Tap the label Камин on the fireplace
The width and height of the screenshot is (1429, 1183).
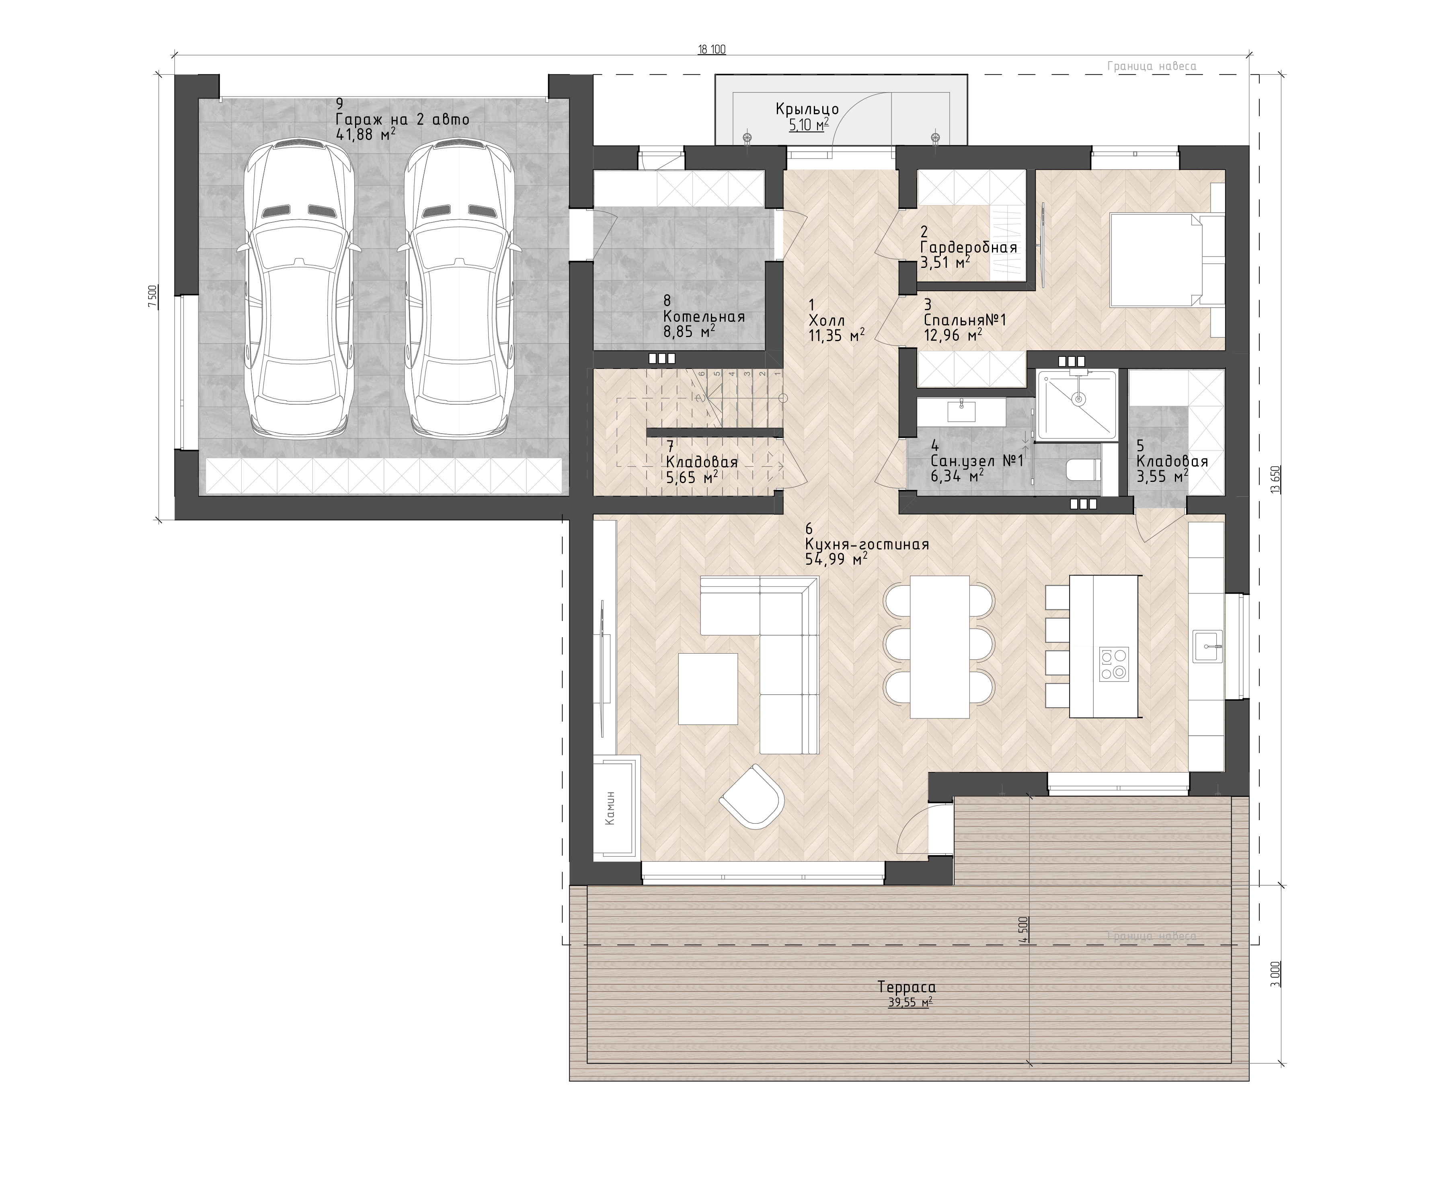click(x=610, y=807)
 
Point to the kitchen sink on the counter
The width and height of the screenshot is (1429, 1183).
click(x=1207, y=646)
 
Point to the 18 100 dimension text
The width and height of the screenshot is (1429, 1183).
click(x=712, y=49)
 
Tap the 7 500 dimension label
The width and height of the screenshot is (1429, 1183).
click(x=153, y=297)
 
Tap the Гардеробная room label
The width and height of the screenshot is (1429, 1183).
click(x=968, y=247)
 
